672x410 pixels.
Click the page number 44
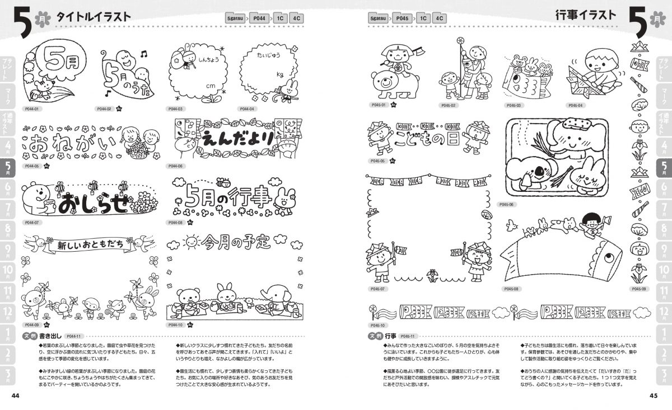pyautogui.click(x=16, y=395)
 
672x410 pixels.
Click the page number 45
pyautogui.click(x=653, y=395)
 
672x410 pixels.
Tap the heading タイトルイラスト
pyautogui.click(x=94, y=17)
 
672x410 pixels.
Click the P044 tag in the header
pyautogui.click(x=259, y=18)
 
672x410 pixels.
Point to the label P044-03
pyautogui.click(x=176, y=109)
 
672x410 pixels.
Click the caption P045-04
pyautogui.click(x=575, y=105)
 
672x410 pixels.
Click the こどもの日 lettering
pyautogui.click(x=427, y=137)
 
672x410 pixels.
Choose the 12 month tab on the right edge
pyautogui.click(x=664, y=313)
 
